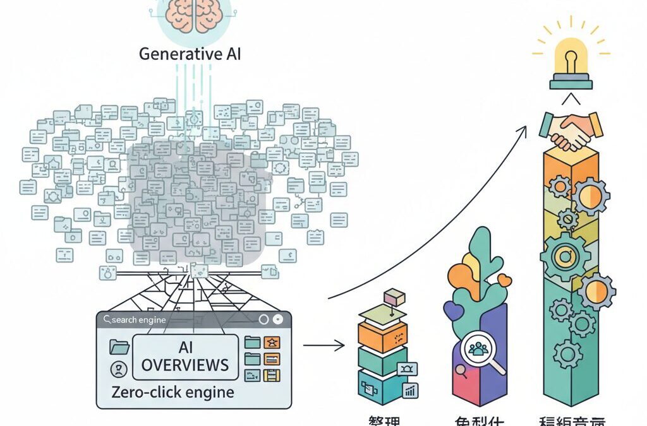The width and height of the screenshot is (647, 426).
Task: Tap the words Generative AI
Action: [190, 53]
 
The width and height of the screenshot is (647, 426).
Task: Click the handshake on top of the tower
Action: [571, 129]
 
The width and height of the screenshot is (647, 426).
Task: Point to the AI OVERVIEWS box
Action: [185, 357]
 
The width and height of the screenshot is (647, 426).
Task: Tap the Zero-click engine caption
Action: [172, 392]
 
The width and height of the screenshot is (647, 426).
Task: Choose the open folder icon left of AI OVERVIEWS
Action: [119, 346]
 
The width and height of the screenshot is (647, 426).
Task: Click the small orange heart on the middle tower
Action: [504, 280]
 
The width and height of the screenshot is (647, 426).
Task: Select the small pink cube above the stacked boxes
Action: [393, 295]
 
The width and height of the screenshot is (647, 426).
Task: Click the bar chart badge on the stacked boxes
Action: [411, 391]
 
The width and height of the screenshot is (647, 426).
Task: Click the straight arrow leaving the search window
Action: [323, 345]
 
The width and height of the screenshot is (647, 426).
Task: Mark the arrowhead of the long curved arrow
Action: [524, 128]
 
